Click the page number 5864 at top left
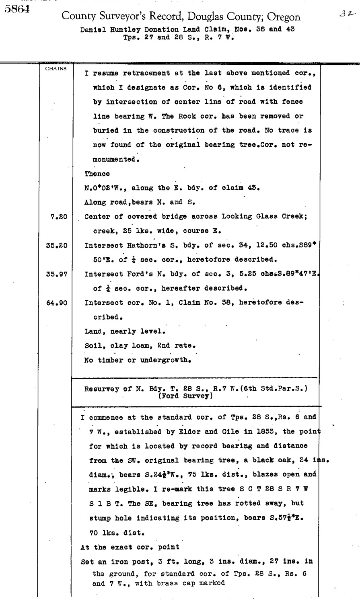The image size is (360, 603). [17, 10]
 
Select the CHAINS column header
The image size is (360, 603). [56, 68]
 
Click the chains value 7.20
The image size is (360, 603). [59, 217]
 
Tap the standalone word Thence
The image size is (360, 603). [96, 174]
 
